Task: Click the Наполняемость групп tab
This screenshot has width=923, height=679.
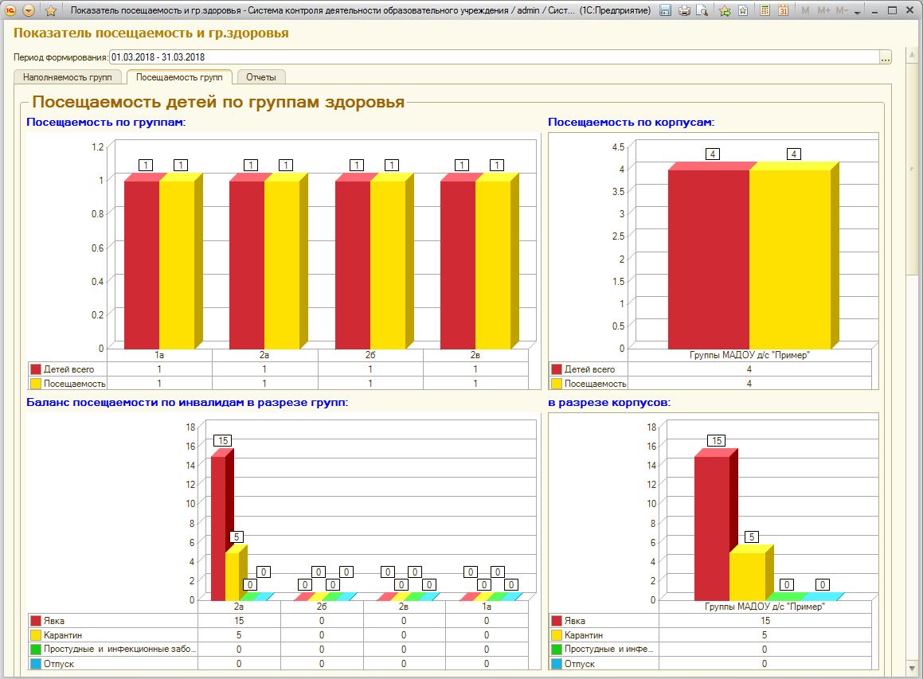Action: click(67, 77)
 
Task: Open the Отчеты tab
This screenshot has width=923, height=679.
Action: click(260, 77)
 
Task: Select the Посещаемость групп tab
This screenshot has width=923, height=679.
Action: click(179, 77)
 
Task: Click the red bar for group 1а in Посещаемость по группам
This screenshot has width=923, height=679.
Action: click(142, 265)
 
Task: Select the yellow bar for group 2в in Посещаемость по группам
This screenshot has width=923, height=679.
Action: click(493, 265)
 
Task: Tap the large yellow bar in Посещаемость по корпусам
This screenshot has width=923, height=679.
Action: click(790, 259)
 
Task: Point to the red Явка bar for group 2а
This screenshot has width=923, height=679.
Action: click(218, 528)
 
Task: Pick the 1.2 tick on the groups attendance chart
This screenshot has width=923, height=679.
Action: click(98, 146)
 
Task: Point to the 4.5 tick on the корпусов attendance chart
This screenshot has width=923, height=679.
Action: click(618, 146)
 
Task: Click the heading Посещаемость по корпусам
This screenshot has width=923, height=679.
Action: click(631, 122)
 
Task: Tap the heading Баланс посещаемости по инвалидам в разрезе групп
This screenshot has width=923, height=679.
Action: click(187, 403)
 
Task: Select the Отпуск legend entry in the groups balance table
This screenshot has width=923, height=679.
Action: click(58, 664)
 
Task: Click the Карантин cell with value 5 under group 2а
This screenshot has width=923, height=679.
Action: click(239, 635)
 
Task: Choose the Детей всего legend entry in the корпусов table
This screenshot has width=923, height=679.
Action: click(589, 369)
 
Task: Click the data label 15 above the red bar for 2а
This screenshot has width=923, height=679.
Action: click(222, 441)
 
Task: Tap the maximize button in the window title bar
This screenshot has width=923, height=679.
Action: click(893, 10)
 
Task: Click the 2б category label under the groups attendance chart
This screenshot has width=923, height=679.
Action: click(370, 355)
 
